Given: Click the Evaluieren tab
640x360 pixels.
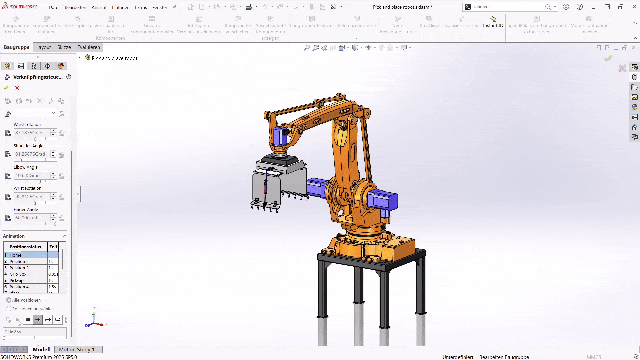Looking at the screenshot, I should (88, 47).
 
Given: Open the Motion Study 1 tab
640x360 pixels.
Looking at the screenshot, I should (76, 349).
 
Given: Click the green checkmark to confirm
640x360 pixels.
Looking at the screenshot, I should (6, 88).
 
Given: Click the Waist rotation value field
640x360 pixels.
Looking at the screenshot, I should (32, 133).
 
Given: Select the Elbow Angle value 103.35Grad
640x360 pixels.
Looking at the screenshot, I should (32, 175).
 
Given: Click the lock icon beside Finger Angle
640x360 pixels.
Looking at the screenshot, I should (61, 218).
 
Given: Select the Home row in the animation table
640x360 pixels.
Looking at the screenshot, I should (28, 255).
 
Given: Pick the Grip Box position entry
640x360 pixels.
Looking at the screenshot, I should (28, 274).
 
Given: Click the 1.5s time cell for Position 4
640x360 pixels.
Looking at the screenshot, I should (53, 287).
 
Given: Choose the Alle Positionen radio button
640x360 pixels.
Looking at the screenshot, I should (9, 300).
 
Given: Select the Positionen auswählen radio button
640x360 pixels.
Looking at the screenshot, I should (9, 309).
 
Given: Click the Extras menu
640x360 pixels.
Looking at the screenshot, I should (141, 7).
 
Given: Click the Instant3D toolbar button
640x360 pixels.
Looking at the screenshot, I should (493, 22).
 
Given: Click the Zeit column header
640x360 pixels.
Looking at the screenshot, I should (53, 247).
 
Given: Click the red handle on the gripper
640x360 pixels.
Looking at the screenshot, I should (266, 187).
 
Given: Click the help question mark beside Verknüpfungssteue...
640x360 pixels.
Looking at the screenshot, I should (69, 77).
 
